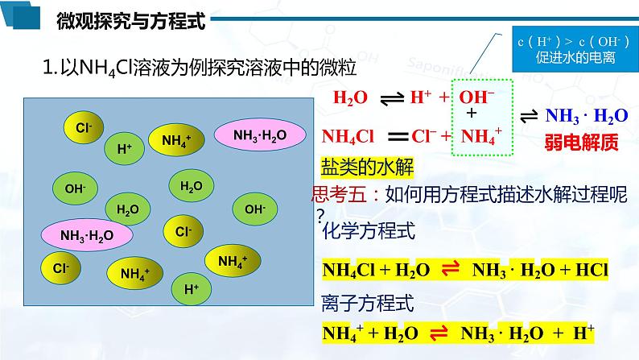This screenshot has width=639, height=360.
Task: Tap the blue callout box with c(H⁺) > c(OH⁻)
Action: coord(563,49)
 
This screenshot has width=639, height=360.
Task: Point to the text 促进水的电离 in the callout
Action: coord(563,57)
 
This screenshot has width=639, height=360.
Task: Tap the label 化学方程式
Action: coord(369,233)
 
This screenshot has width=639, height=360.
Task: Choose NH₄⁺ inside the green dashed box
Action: coord(483,134)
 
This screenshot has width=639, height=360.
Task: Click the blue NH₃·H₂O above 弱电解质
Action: coord(586,116)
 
